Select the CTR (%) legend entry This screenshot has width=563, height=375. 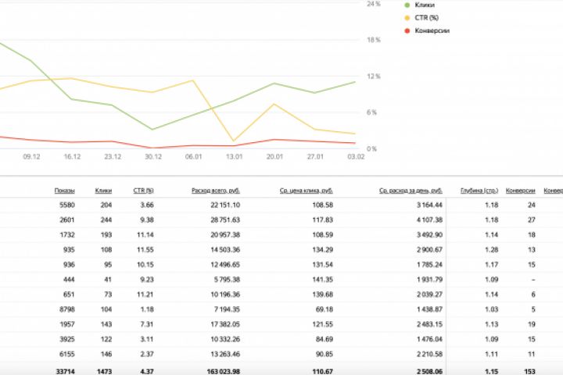point(429,17)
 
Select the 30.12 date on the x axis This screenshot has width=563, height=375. point(153,156)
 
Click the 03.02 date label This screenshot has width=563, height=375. point(356,156)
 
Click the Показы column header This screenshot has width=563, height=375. point(64,191)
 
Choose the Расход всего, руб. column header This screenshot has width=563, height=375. point(215,191)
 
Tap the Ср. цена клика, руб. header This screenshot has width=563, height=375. point(306,191)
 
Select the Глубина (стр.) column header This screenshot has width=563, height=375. point(479,191)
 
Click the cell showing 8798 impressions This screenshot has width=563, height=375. point(66,309)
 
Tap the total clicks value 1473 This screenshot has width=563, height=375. point(103,370)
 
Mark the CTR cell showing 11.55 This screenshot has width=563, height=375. point(144,250)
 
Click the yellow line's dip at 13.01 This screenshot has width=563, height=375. point(234,141)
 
